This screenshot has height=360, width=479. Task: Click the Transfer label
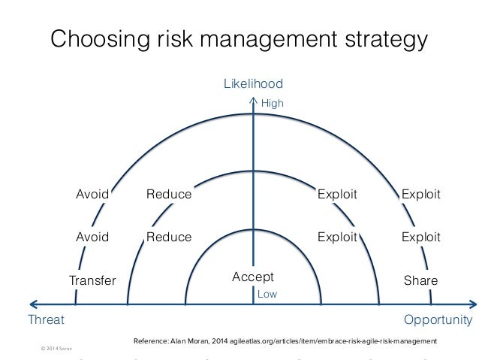(92, 281)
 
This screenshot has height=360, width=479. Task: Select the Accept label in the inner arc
(253, 277)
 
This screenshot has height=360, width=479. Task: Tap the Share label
(420, 280)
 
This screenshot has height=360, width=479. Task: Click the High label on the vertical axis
(272, 104)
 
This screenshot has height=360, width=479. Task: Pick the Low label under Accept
(267, 295)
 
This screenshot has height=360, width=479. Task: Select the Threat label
(46, 319)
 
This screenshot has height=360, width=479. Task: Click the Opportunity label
(438, 319)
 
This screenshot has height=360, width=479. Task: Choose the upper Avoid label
(93, 195)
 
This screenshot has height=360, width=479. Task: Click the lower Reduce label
(169, 237)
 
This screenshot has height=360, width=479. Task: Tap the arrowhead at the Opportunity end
(472, 304)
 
